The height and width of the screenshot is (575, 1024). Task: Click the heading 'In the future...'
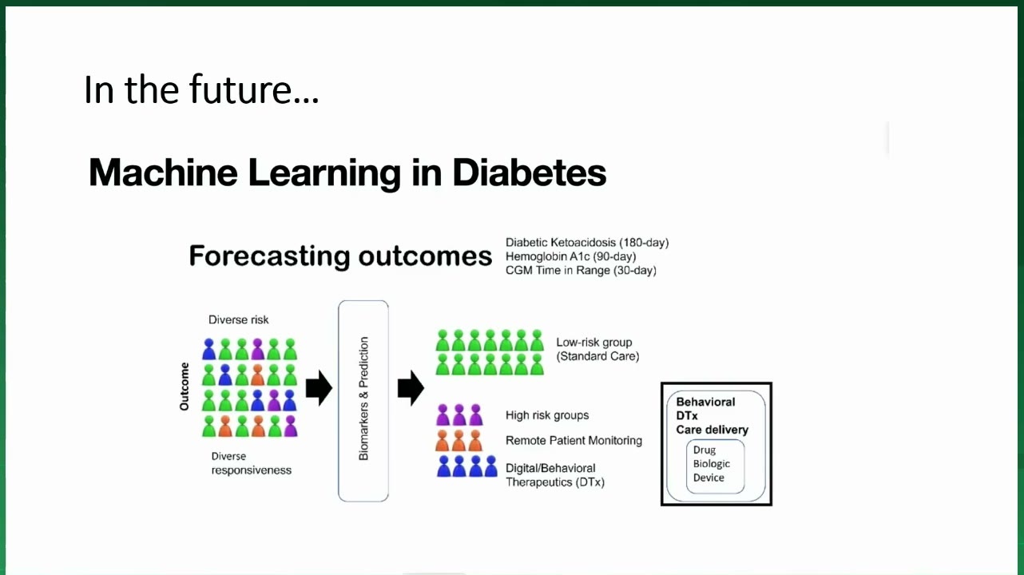pos(201,89)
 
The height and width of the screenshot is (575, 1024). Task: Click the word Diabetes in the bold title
pos(530,172)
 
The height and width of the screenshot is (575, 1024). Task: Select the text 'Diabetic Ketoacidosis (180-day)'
pos(587,242)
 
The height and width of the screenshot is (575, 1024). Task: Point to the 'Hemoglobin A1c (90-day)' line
pos(570,256)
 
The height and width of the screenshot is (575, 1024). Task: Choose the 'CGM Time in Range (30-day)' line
pos(581,270)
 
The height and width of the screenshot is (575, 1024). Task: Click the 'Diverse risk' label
pos(238,319)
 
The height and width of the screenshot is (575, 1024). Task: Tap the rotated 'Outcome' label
pos(185,387)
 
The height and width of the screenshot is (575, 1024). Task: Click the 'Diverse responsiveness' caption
pos(251,463)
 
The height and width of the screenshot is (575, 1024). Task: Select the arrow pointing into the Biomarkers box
pos(319,388)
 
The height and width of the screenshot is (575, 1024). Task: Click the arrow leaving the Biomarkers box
pos(411,388)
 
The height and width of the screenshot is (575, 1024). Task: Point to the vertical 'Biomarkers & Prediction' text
pos(363,399)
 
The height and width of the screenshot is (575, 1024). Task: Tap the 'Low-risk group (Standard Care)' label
pos(597,349)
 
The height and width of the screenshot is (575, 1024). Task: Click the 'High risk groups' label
pos(547,415)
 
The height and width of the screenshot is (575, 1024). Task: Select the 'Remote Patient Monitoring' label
pos(574,440)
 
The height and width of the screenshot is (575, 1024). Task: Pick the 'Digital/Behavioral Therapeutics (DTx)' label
pos(555,475)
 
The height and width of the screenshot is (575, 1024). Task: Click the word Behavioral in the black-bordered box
pos(705,402)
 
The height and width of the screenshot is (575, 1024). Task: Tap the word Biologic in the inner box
pos(712,463)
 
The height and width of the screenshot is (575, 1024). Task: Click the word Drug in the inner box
pos(704,450)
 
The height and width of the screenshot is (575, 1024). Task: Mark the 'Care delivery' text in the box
pos(712,430)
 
